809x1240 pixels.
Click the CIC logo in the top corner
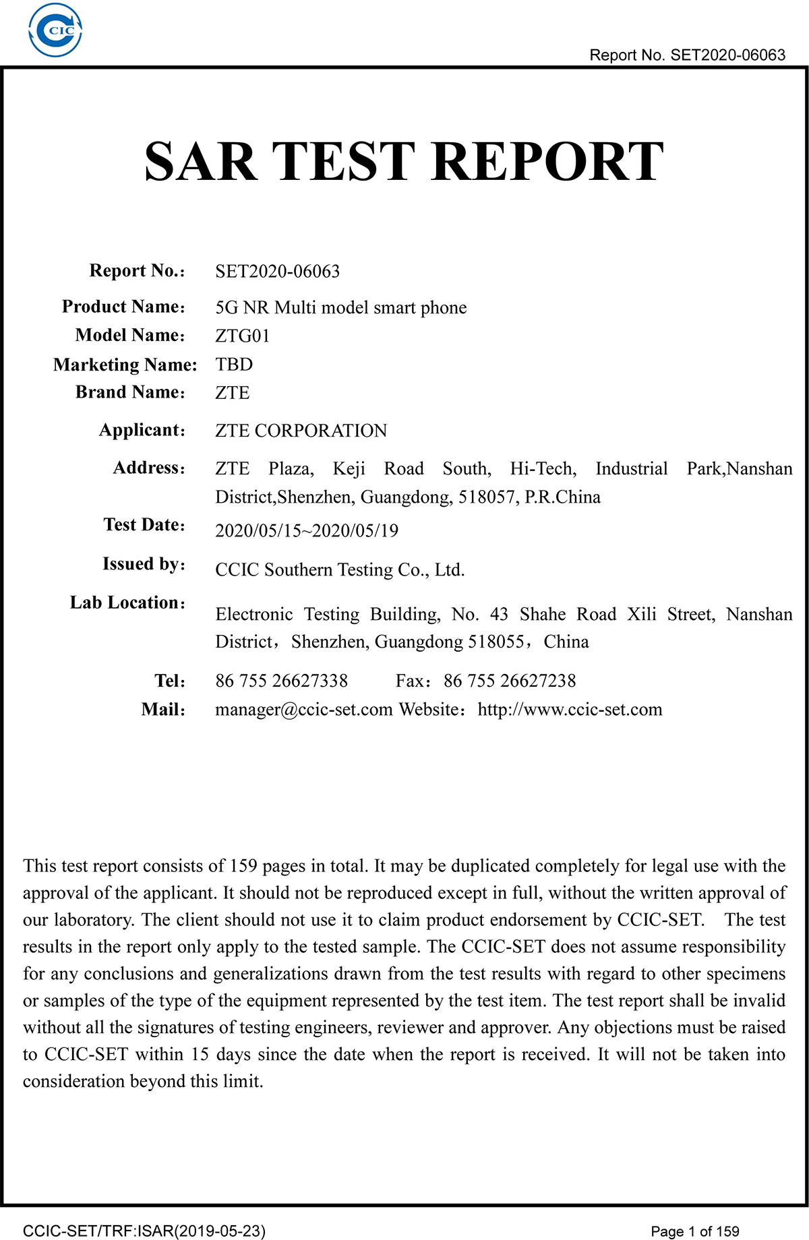[x=55, y=30]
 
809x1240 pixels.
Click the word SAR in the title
[x=201, y=162]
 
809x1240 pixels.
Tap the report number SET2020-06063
[x=277, y=272]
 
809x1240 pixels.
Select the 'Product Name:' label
[x=123, y=307]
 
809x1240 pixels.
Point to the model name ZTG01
[x=242, y=336]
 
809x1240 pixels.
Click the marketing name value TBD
[x=234, y=365]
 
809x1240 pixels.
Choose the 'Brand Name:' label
[x=130, y=392]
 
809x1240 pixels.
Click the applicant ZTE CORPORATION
[x=301, y=431]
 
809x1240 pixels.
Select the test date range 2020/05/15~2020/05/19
[x=307, y=531]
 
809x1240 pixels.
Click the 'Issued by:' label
[x=144, y=564]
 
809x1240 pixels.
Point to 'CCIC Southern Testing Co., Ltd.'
[x=340, y=570]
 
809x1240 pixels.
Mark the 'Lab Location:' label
[x=127, y=602]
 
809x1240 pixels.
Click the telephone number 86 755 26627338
[x=281, y=681]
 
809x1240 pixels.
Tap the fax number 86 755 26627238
[x=510, y=681]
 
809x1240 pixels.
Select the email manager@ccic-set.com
[x=303, y=710]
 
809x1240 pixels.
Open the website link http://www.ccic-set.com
[x=570, y=710]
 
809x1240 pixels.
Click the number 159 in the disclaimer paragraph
[x=243, y=866]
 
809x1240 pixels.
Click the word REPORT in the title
[x=547, y=162]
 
